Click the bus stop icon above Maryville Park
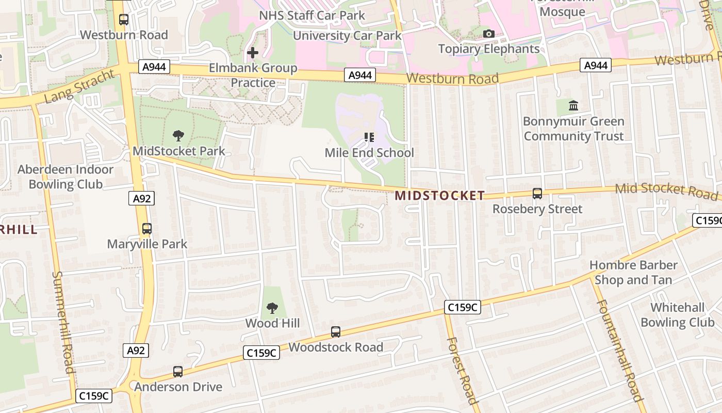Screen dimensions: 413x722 [x=147, y=229]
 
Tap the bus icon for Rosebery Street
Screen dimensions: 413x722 [x=537, y=194]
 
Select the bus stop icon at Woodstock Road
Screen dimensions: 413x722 [x=336, y=332]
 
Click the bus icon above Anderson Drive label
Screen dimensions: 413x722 [x=178, y=372]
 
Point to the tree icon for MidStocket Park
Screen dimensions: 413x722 [x=178, y=136]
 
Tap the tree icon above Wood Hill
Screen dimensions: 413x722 [x=272, y=308]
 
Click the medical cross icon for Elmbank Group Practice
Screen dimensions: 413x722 [x=253, y=53]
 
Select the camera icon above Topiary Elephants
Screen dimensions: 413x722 [x=488, y=34]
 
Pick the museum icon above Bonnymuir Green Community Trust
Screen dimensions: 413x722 [x=573, y=106]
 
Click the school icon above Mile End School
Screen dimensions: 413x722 [x=369, y=137]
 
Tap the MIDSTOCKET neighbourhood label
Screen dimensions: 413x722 [x=440, y=196]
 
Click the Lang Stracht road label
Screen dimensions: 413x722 [x=79, y=86]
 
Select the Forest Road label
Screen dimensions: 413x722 [x=462, y=370]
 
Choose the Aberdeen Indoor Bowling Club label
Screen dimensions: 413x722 [x=65, y=177]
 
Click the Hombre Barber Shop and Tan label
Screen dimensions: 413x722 [x=633, y=273]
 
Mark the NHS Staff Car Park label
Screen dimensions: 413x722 [x=311, y=15]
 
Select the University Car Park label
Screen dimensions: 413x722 [x=347, y=36]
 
